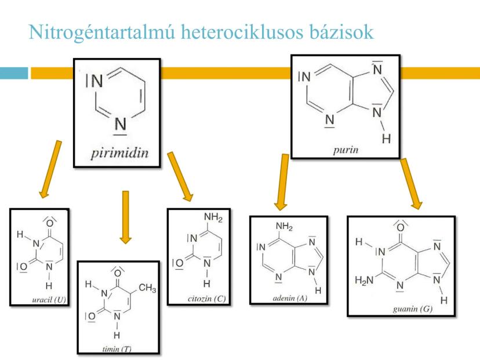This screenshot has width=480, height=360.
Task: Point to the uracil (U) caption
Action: pyautogui.click(x=51, y=299)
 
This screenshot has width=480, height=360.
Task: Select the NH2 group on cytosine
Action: pyautogui.click(x=213, y=218)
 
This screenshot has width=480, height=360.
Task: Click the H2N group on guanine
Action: pyautogui.click(x=363, y=281)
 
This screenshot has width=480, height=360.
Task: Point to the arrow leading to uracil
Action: pyautogui.click(x=50, y=168)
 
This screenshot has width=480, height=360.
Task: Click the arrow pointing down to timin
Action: pyautogui.click(x=125, y=217)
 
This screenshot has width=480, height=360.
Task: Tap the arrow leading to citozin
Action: pyautogui.click(x=180, y=176)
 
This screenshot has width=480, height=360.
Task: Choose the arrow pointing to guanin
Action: pyautogui.click(x=411, y=183)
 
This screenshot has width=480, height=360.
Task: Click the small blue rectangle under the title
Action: pyautogui.click(x=13, y=73)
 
